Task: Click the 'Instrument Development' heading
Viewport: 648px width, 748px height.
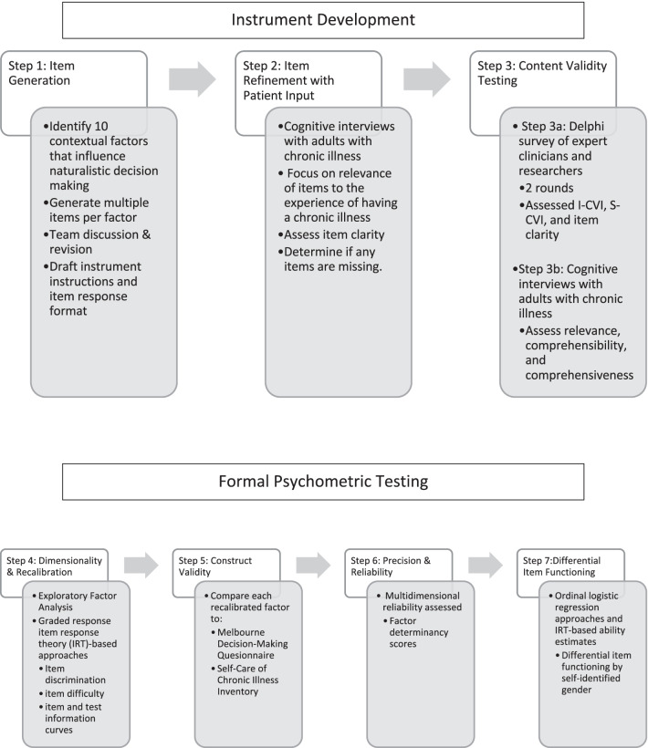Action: tap(323, 19)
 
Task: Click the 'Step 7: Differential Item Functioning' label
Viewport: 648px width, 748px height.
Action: tap(559, 562)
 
